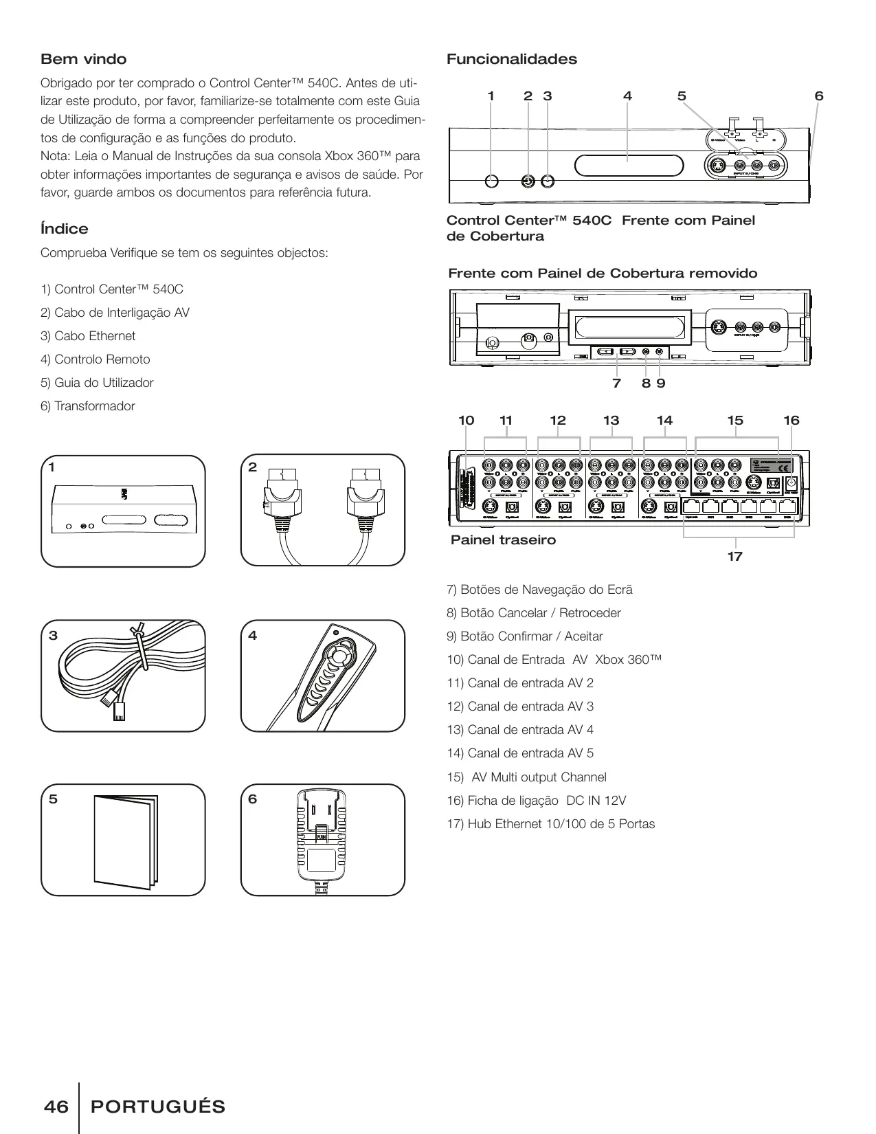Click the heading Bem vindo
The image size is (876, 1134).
[x=84, y=59]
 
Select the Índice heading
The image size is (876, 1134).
[x=65, y=229]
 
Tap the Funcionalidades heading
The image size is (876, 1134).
[x=512, y=59]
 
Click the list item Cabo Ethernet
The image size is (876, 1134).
[x=88, y=336]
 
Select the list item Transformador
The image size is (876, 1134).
[x=88, y=406]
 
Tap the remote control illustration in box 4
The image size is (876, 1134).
[x=330, y=677]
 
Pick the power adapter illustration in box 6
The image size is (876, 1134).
[x=321, y=840]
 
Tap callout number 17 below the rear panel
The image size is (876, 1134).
[x=735, y=556]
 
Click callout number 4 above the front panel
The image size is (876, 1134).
[x=627, y=96]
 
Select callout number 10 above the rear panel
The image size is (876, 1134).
[x=467, y=421]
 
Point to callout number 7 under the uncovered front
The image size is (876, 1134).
[x=616, y=383]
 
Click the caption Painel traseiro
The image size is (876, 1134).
[x=503, y=540]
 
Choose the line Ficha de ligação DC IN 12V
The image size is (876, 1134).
[x=537, y=801]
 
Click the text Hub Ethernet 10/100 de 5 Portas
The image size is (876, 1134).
[x=551, y=824]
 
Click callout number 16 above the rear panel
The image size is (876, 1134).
[x=791, y=421]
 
